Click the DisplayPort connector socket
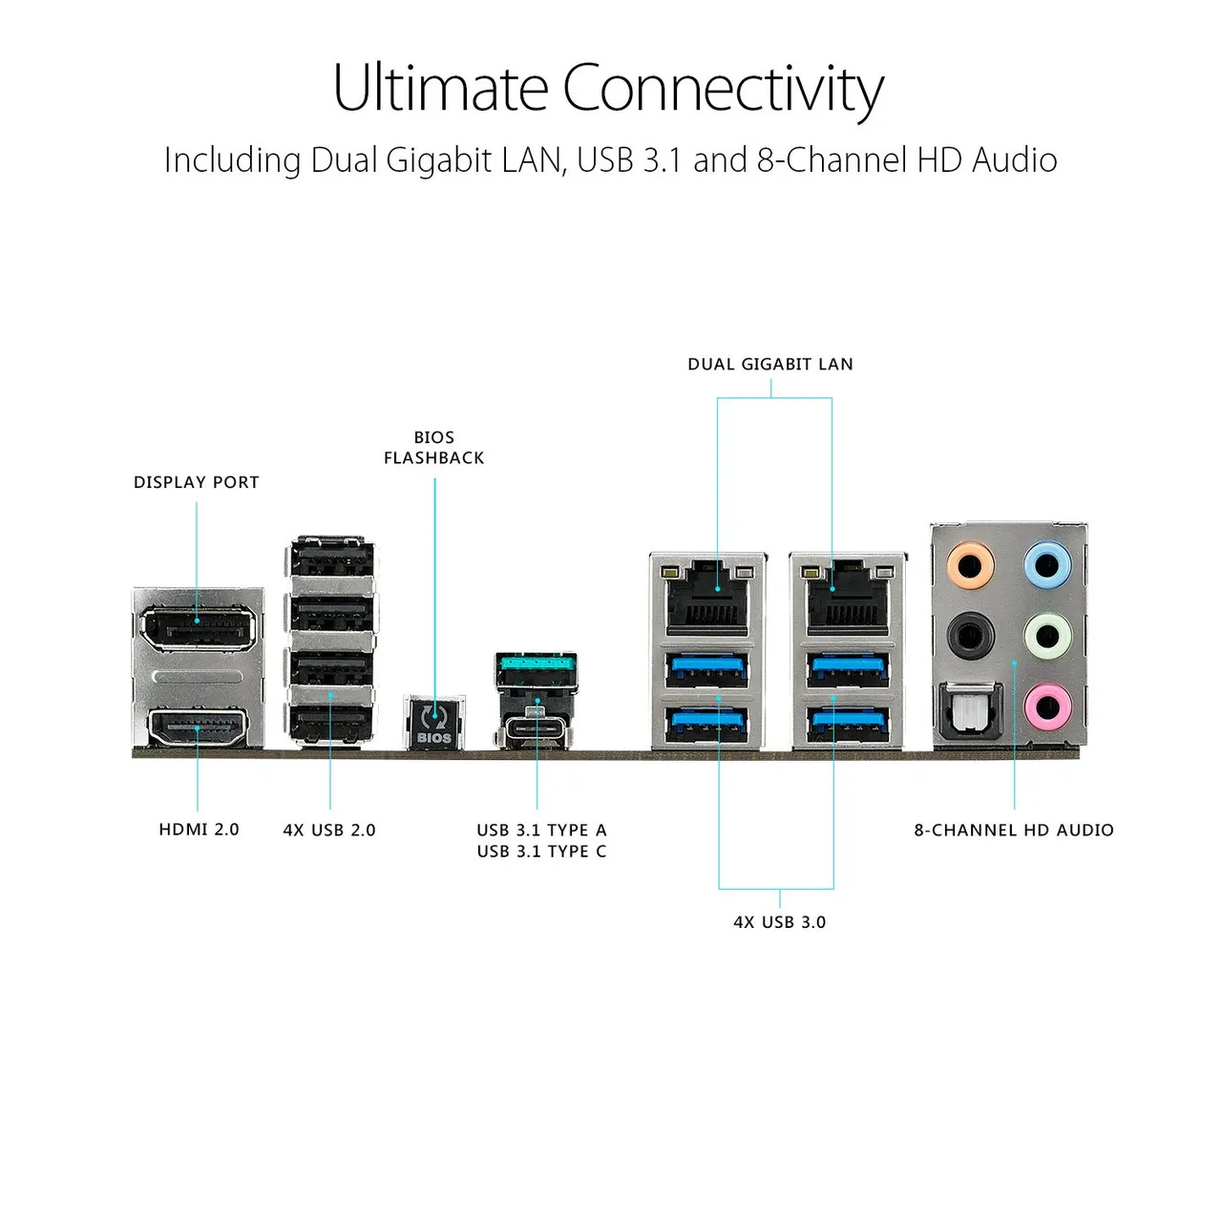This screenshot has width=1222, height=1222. (198, 628)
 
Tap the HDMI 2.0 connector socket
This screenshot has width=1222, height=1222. (198, 727)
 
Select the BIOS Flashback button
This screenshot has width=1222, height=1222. (434, 723)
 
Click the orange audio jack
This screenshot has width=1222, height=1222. (970, 563)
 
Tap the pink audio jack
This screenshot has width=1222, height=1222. (1047, 706)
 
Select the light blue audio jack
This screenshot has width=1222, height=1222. (1047, 563)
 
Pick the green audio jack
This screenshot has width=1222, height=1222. (1047, 635)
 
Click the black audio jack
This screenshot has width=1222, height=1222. (970, 635)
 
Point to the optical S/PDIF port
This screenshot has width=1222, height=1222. (970, 710)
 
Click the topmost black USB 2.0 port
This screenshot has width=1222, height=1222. (330, 558)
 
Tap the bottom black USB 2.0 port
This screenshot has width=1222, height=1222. (330, 723)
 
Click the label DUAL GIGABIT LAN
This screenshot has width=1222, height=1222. (770, 364)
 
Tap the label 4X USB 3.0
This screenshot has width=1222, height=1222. (779, 922)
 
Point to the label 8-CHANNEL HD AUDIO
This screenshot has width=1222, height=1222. (1013, 830)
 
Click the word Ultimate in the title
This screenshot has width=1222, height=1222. (440, 88)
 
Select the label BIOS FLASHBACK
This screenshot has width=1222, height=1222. (433, 448)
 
